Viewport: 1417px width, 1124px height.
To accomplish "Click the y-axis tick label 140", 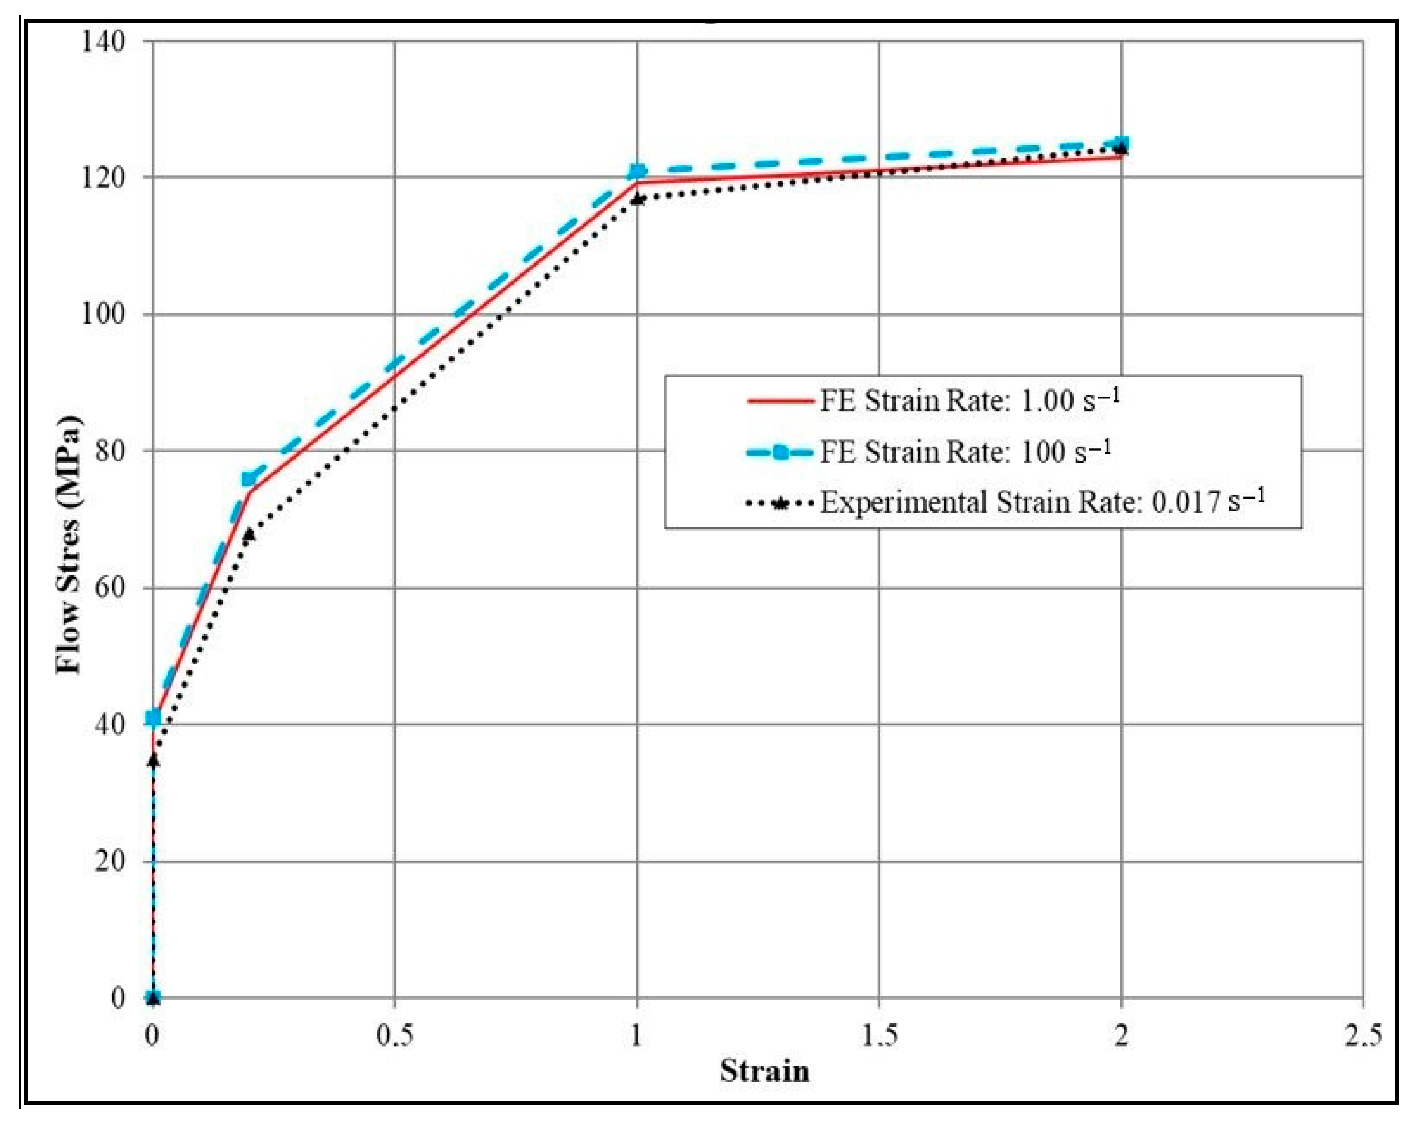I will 103,42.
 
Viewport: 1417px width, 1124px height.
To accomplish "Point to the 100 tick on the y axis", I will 103,314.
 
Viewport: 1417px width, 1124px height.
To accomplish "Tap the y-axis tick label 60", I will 109,587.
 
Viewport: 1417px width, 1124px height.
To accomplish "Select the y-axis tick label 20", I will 109,861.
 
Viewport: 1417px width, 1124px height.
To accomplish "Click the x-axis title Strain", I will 764,1071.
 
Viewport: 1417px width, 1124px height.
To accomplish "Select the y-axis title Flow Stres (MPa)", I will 68,545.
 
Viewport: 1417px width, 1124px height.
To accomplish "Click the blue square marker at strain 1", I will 637,172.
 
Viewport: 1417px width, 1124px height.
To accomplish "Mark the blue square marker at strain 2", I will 1121,143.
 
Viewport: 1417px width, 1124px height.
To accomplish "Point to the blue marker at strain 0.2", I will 249,479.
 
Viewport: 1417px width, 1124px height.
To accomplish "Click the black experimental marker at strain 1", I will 637,199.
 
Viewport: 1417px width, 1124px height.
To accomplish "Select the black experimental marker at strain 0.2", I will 249,533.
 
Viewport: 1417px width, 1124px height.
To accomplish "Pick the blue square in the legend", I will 780,452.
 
